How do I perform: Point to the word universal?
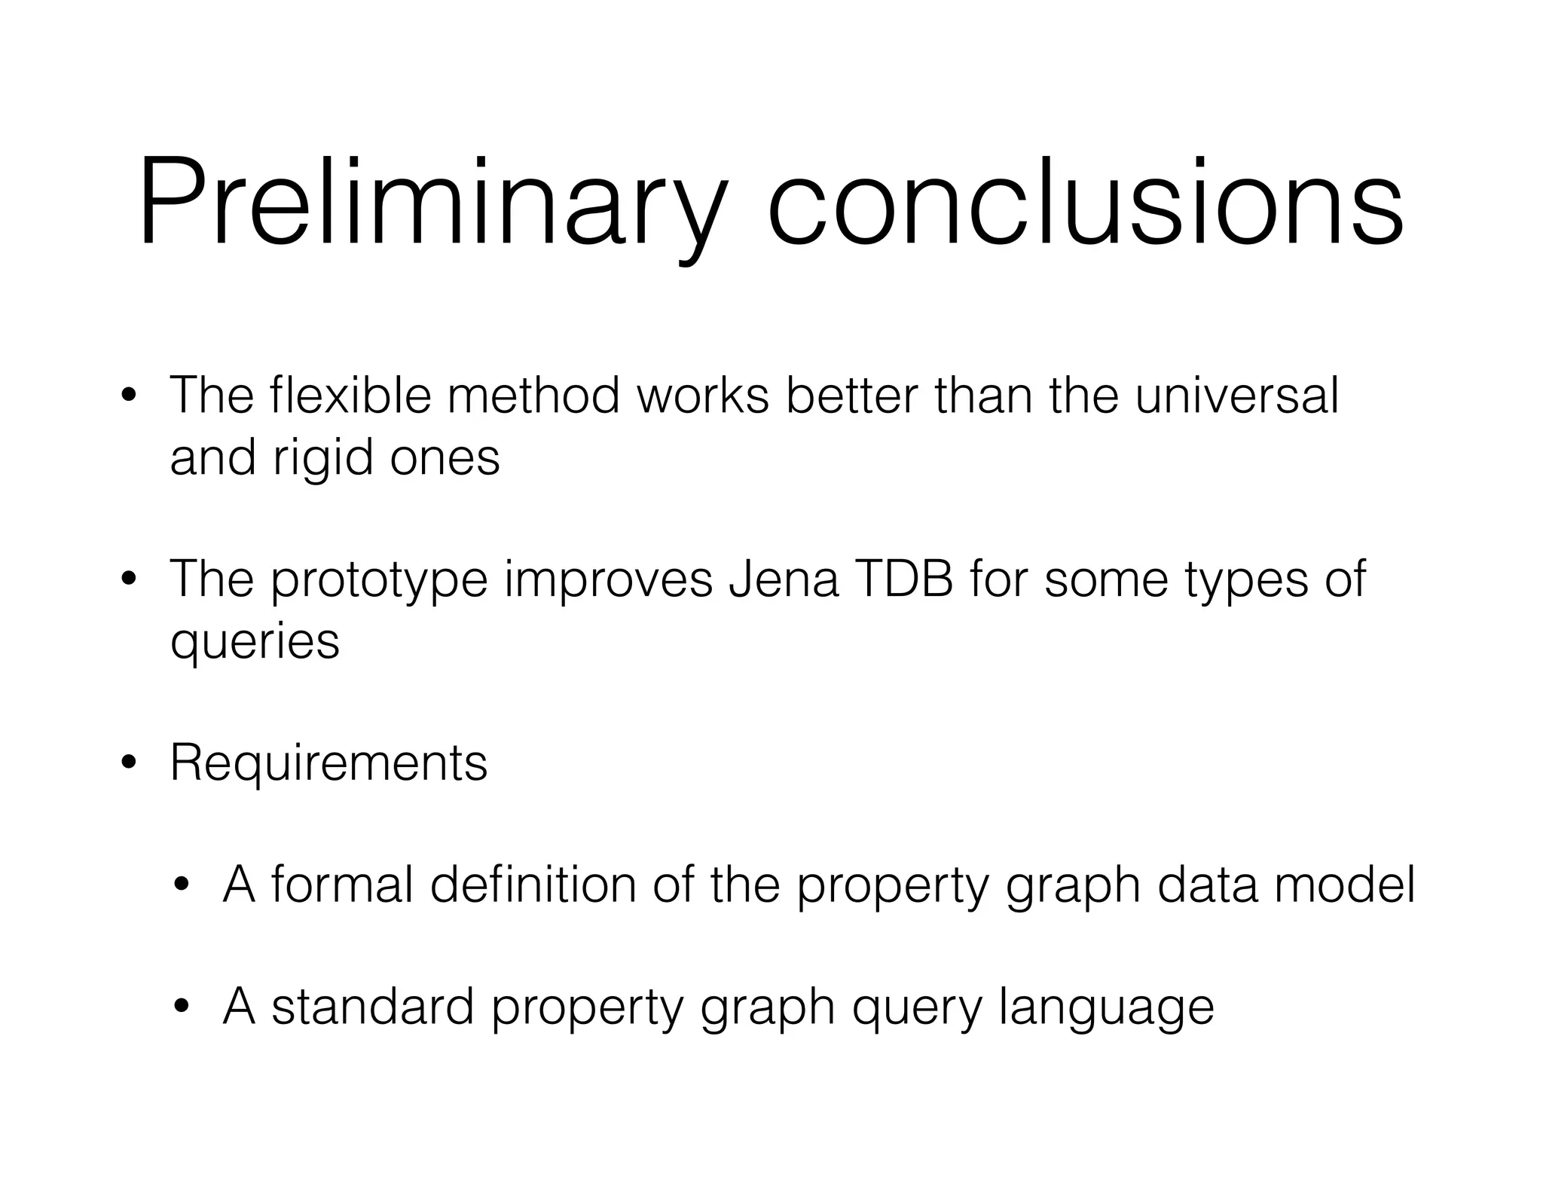pyautogui.click(x=1236, y=395)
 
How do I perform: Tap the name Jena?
pyautogui.click(x=784, y=579)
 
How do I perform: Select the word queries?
pyautogui.click(x=255, y=643)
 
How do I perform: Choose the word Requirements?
pyautogui.click(x=328, y=763)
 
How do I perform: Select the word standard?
pyautogui.click(x=372, y=1007)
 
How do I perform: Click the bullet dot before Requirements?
pyautogui.click(x=129, y=763)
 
